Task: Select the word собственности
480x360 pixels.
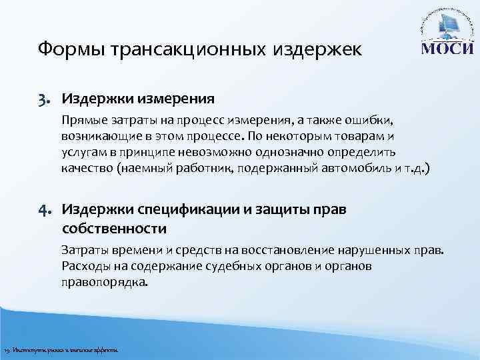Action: click(113, 229)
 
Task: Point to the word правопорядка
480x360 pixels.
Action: click(105, 281)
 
